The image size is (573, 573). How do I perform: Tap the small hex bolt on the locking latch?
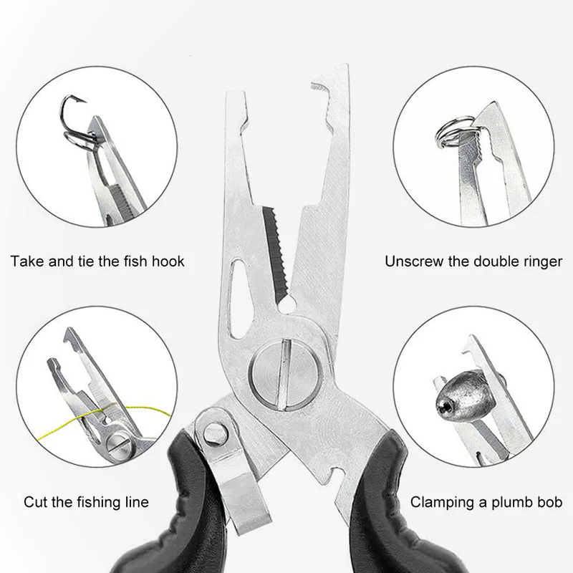216,434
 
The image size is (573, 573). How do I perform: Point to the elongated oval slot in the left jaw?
238,298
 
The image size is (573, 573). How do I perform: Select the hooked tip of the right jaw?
322,87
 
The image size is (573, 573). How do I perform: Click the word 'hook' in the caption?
168,261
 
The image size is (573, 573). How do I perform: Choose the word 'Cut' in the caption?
36,502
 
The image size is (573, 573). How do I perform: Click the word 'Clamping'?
443,503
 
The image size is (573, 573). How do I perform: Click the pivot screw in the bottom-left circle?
119,446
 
